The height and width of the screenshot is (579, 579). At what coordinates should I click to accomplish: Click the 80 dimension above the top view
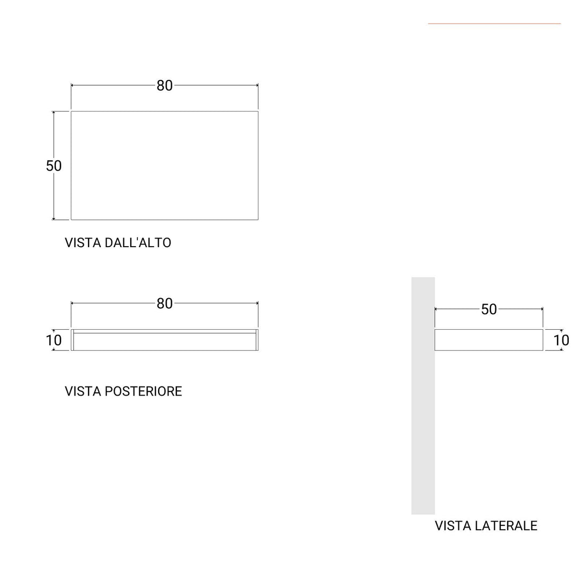(x=165, y=86)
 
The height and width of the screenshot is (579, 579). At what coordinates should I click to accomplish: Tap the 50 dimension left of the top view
(x=54, y=166)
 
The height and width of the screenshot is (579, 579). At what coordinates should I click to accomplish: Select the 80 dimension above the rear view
(x=165, y=303)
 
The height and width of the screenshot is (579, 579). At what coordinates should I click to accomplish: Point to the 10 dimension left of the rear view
(x=54, y=340)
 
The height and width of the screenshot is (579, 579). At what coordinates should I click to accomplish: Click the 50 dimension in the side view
(x=489, y=309)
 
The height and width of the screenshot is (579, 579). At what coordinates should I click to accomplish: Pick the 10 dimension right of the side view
(x=561, y=340)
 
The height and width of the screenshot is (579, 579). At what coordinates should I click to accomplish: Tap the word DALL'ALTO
(x=138, y=243)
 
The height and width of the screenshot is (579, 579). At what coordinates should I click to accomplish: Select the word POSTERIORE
(x=144, y=391)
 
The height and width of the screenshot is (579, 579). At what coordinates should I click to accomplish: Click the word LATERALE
(x=506, y=526)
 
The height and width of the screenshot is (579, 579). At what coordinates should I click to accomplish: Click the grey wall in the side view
(x=423, y=396)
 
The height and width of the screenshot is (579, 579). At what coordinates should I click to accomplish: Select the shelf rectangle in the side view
(x=489, y=340)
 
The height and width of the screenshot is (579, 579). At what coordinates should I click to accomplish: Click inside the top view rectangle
(x=165, y=166)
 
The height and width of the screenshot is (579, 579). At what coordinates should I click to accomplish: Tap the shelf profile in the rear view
(x=165, y=340)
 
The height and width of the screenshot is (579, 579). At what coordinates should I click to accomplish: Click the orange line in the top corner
(x=494, y=24)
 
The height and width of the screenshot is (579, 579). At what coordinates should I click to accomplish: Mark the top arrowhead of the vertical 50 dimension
(x=54, y=112)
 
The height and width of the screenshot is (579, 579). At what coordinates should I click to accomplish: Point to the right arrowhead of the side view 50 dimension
(x=541, y=309)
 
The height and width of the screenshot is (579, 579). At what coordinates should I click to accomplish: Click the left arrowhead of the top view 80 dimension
(x=72, y=85)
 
